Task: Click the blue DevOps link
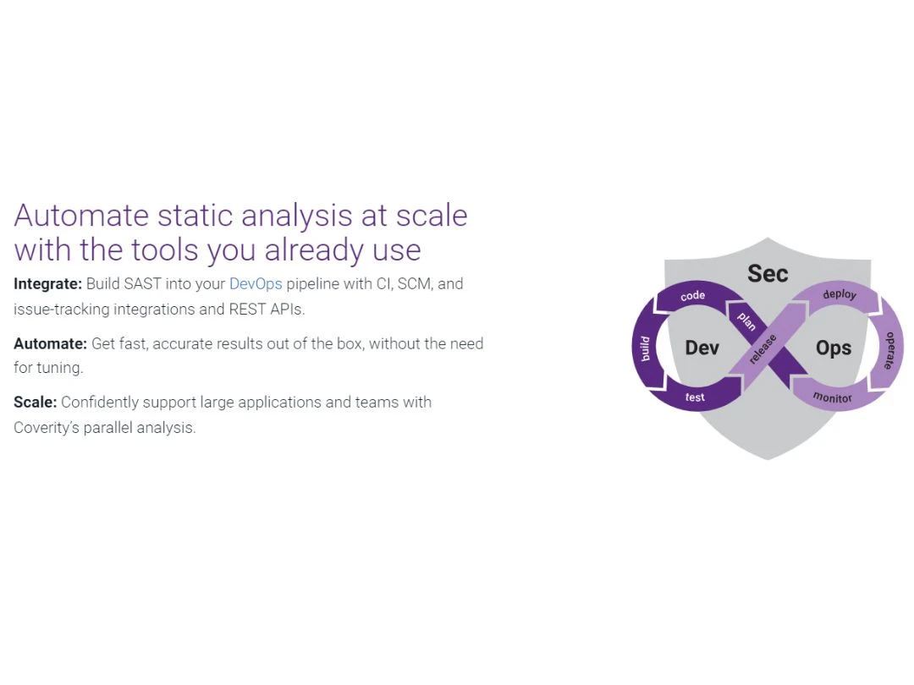click(x=256, y=283)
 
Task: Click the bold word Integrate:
click(x=47, y=284)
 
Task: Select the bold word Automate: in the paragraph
click(x=50, y=343)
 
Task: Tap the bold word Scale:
click(x=35, y=403)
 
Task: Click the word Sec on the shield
click(x=768, y=274)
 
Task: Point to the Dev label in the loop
click(x=702, y=348)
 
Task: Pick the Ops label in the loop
click(x=834, y=348)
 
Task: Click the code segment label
click(x=692, y=296)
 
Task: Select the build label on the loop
click(x=645, y=349)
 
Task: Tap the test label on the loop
click(x=695, y=397)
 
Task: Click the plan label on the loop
click(x=746, y=321)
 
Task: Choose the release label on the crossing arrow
click(x=763, y=349)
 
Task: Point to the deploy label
click(x=840, y=294)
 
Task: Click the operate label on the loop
click(x=889, y=351)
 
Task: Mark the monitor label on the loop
click(x=833, y=397)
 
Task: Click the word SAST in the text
click(x=142, y=283)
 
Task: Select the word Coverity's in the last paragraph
click(x=46, y=428)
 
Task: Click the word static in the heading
click(x=195, y=215)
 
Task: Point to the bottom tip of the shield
click(x=767, y=459)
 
